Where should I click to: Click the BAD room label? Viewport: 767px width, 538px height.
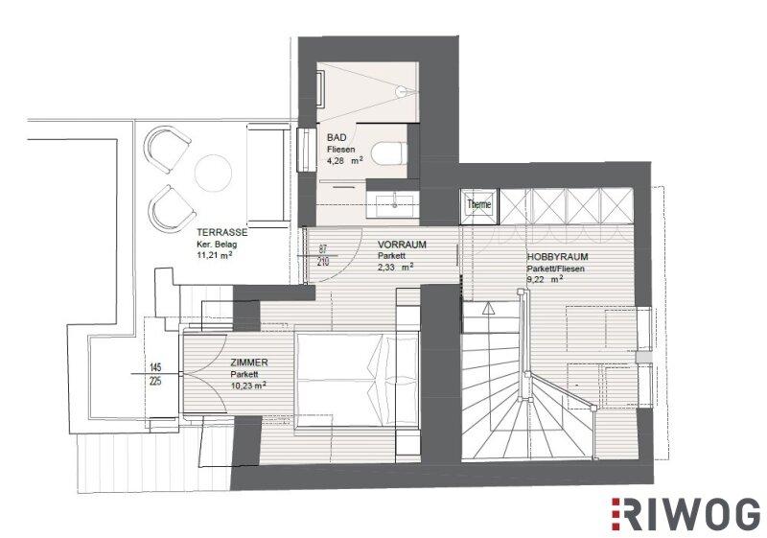[337, 138]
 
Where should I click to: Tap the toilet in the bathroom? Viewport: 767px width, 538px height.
[389, 153]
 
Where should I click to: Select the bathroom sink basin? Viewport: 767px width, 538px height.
[396, 205]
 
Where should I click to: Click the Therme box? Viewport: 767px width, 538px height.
[478, 204]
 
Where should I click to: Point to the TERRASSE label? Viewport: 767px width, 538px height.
[222, 233]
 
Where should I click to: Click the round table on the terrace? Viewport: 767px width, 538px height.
[213, 173]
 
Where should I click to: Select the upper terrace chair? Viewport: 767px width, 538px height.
[167, 149]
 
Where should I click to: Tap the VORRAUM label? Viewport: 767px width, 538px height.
[402, 245]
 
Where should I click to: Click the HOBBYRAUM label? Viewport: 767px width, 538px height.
[557, 257]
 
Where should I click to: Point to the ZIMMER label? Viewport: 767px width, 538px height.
[249, 363]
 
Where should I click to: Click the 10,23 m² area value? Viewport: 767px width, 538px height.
[248, 386]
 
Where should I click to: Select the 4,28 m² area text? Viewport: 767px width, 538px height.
[345, 160]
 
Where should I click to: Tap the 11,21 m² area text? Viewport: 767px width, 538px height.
[214, 255]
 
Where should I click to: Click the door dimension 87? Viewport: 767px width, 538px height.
[323, 249]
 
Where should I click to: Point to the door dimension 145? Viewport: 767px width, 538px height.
[155, 367]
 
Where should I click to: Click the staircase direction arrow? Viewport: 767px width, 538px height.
[488, 308]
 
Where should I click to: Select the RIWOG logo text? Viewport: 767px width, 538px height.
[685, 514]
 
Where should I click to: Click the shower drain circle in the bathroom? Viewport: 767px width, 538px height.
[401, 91]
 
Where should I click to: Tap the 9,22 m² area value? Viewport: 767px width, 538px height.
[545, 280]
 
